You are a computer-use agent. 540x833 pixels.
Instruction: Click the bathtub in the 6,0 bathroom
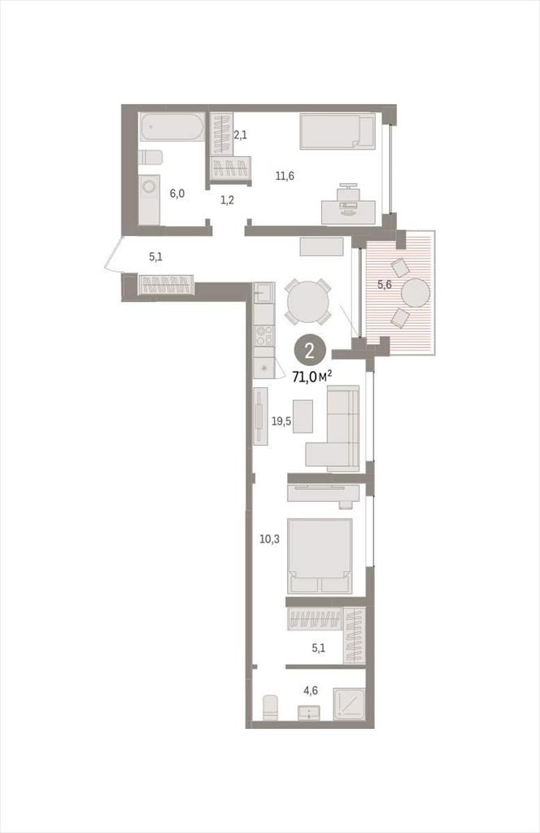(x=172, y=127)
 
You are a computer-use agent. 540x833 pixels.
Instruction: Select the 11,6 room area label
(x=285, y=177)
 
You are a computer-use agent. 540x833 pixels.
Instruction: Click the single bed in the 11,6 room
(x=337, y=131)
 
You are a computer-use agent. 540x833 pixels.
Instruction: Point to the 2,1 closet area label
(x=240, y=136)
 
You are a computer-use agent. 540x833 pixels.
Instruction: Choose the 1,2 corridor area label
(x=227, y=200)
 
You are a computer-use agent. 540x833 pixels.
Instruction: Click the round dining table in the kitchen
(x=307, y=301)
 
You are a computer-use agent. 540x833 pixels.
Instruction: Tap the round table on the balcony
(x=416, y=293)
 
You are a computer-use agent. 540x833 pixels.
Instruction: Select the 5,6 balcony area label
(x=385, y=284)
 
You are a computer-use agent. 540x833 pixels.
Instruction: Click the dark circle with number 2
(x=309, y=351)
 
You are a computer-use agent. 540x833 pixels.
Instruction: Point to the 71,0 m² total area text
(x=312, y=377)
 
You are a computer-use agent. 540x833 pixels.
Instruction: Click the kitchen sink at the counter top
(x=263, y=293)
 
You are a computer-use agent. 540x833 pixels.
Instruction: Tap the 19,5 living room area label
(x=281, y=422)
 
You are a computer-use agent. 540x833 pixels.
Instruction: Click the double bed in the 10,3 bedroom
(x=320, y=556)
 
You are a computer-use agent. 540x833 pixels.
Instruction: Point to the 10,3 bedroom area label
(x=269, y=539)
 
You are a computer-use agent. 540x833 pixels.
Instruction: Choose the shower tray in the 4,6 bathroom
(x=350, y=704)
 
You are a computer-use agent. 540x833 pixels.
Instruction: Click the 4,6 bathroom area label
(x=311, y=691)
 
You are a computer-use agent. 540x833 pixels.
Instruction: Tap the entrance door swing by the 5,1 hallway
(x=114, y=254)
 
